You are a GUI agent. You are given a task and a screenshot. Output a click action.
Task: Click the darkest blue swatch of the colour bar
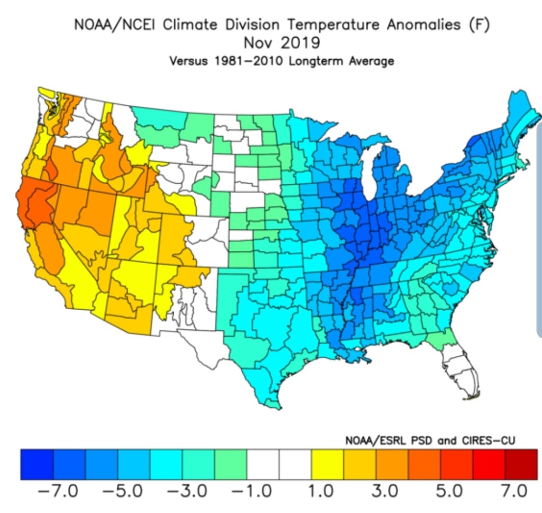click(x=37, y=464)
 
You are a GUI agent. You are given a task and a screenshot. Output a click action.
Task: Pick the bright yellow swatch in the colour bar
click(x=328, y=464)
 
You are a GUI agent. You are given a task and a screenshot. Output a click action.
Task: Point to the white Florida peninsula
click(x=459, y=371)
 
